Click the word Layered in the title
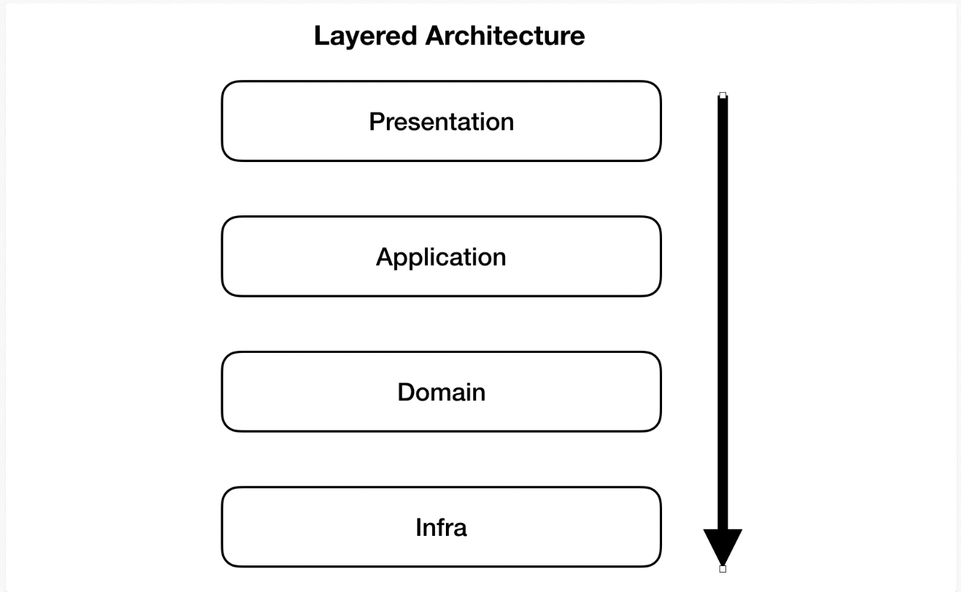(x=366, y=36)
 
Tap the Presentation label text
(x=441, y=122)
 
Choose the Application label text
(x=441, y=257)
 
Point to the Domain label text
(x=441, y=393)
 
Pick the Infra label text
(x=441, y=528)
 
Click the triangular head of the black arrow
(x=723, y=544)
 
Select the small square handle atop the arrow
(x=723, y=95)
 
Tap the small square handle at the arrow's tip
(x=723, y=569)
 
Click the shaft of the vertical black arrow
(x=723, y=310)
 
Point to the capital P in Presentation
(x=376, y=122)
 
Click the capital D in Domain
(x=406, y=393)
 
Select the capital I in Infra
(x=419, y=528)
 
